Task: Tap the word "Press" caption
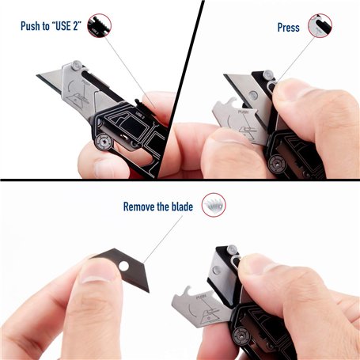pyautogui.click(x=288, y=28)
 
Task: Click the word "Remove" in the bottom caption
pyautogui.click(x=138, y=207)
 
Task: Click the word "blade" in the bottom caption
pyautogui.click(x=182, y=207)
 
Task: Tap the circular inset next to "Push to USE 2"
pyautogui.click(x=99, y=25)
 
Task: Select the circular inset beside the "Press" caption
pyautogui.click(x=320, y=25)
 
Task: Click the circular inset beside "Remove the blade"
pyautogui.click(x=214, y=205)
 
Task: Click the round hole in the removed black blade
pyautogui.click(x=123, y=266)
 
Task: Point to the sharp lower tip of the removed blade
pyautogui.click(x=149, y=292)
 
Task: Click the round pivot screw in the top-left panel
pyautogui.click(x=103, y=142)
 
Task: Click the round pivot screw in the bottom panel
pyautogui.click(x=241, y=335)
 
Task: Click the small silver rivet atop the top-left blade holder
pyautogui.click(x=77, y=65)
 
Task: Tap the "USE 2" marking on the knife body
pyautogui.click(x=140, y=116)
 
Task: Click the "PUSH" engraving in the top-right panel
pyautogui.click(x=244, y=112)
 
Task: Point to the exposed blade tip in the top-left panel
pyautogui.click(x=37, y=76)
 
